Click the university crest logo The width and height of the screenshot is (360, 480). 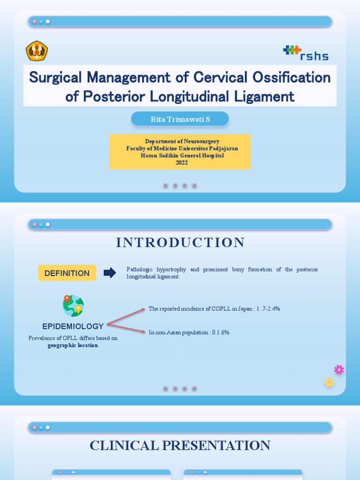pyautogui.click(x=37, y=51)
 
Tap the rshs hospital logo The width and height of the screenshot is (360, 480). pyautogui.click(x=306, y=52)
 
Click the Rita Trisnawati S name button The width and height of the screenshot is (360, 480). pyautogui.click(x=180, y=119)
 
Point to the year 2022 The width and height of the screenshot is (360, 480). pyautogui.click(x=181, y=163)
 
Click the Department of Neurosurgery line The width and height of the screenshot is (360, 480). pyautogui.click(x=182, y=141)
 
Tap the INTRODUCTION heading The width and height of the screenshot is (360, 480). pyautogui.click(x=180, y=242)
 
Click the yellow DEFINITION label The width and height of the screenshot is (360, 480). pyautogui.click(x=67, y=273)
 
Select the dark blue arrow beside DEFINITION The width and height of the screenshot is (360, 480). pyautogui.click(x=110, y=273)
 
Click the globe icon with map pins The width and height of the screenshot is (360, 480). pyautogui.click(x=73, y=306)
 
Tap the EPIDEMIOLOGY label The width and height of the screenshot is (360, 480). pyautogui.click(x=73, y=326)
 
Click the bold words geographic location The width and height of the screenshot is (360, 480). pyautogui.click(x=73, y=345)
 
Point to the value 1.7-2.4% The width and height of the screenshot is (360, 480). pyautogui.click(x=268, y=309)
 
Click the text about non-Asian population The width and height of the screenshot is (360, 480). pyautogui.click(x=189, y=332)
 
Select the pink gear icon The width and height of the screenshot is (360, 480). pyautogui.click(x=339, y=370)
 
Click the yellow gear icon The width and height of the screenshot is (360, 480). pyautogui.click(x=329, y=382)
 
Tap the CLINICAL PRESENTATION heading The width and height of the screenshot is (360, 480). pyautogui.click(x=180, y=445)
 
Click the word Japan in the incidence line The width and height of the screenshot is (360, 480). pyautogui.click(x=245, y=309)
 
